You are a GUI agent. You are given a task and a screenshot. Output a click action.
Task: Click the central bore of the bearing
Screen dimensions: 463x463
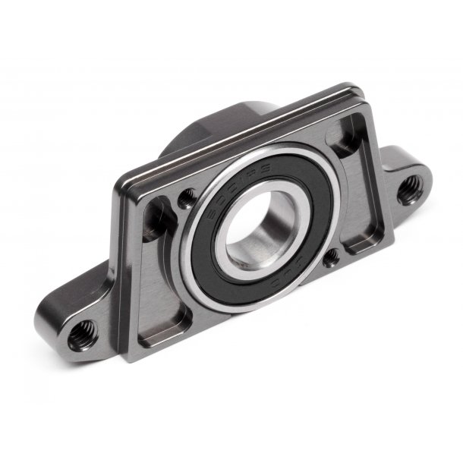258,227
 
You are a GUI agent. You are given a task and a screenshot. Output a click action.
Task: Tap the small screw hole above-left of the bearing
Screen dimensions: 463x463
187,200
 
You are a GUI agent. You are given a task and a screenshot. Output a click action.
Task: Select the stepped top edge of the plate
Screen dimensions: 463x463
243,137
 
